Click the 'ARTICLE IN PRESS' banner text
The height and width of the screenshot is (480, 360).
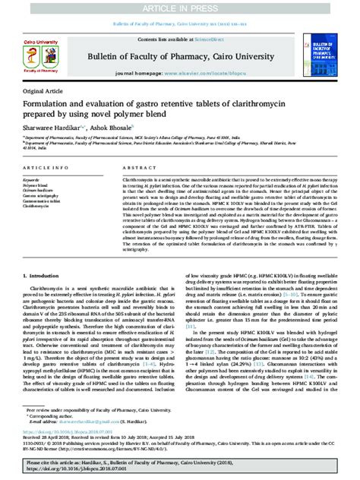coord(179,7)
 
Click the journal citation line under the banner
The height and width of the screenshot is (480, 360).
coord(180,25)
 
